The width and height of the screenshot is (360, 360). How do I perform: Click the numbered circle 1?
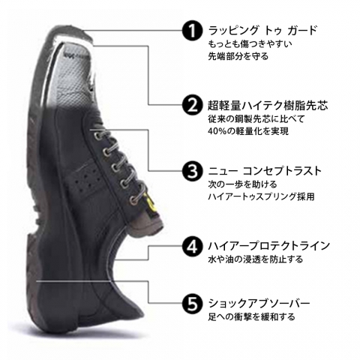192,31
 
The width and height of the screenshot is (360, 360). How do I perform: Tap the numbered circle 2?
192,105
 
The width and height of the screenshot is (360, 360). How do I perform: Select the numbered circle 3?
192,171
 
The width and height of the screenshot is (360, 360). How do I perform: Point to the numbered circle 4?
192,245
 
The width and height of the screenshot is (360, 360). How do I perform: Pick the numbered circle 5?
192,303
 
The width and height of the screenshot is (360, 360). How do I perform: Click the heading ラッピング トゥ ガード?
262,31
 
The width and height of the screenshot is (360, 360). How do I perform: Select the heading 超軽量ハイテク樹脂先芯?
268,105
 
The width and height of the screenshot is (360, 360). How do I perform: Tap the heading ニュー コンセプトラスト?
265,171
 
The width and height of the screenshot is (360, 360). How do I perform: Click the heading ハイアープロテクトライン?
269,245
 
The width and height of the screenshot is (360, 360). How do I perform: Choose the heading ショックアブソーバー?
259,303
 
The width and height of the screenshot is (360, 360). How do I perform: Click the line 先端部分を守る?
238,56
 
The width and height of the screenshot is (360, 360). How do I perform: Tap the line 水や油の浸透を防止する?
256,259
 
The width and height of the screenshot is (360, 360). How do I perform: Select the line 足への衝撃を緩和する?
251,316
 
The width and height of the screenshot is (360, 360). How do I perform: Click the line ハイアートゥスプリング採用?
261,196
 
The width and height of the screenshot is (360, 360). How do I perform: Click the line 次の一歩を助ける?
242,184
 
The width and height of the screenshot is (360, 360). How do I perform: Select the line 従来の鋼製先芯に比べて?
256,118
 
